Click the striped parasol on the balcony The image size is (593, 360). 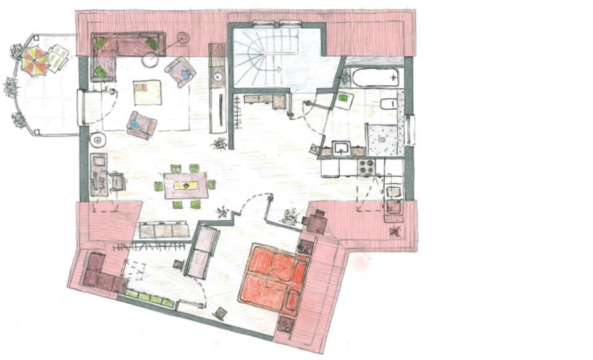(x=35, y=61)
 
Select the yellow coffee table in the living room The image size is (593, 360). (x=148, y=93)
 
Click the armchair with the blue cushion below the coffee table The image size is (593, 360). (x=141, y=124)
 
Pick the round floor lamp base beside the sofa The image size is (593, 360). (x=151, y=60)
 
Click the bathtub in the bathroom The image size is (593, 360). (x=375, y=78)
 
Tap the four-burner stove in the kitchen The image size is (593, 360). (x=366, y=167)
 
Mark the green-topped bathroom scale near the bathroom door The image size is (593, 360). (x=343, y=100)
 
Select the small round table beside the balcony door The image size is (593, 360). (x=98, y=140)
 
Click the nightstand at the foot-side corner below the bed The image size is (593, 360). (x=286, y=324)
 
